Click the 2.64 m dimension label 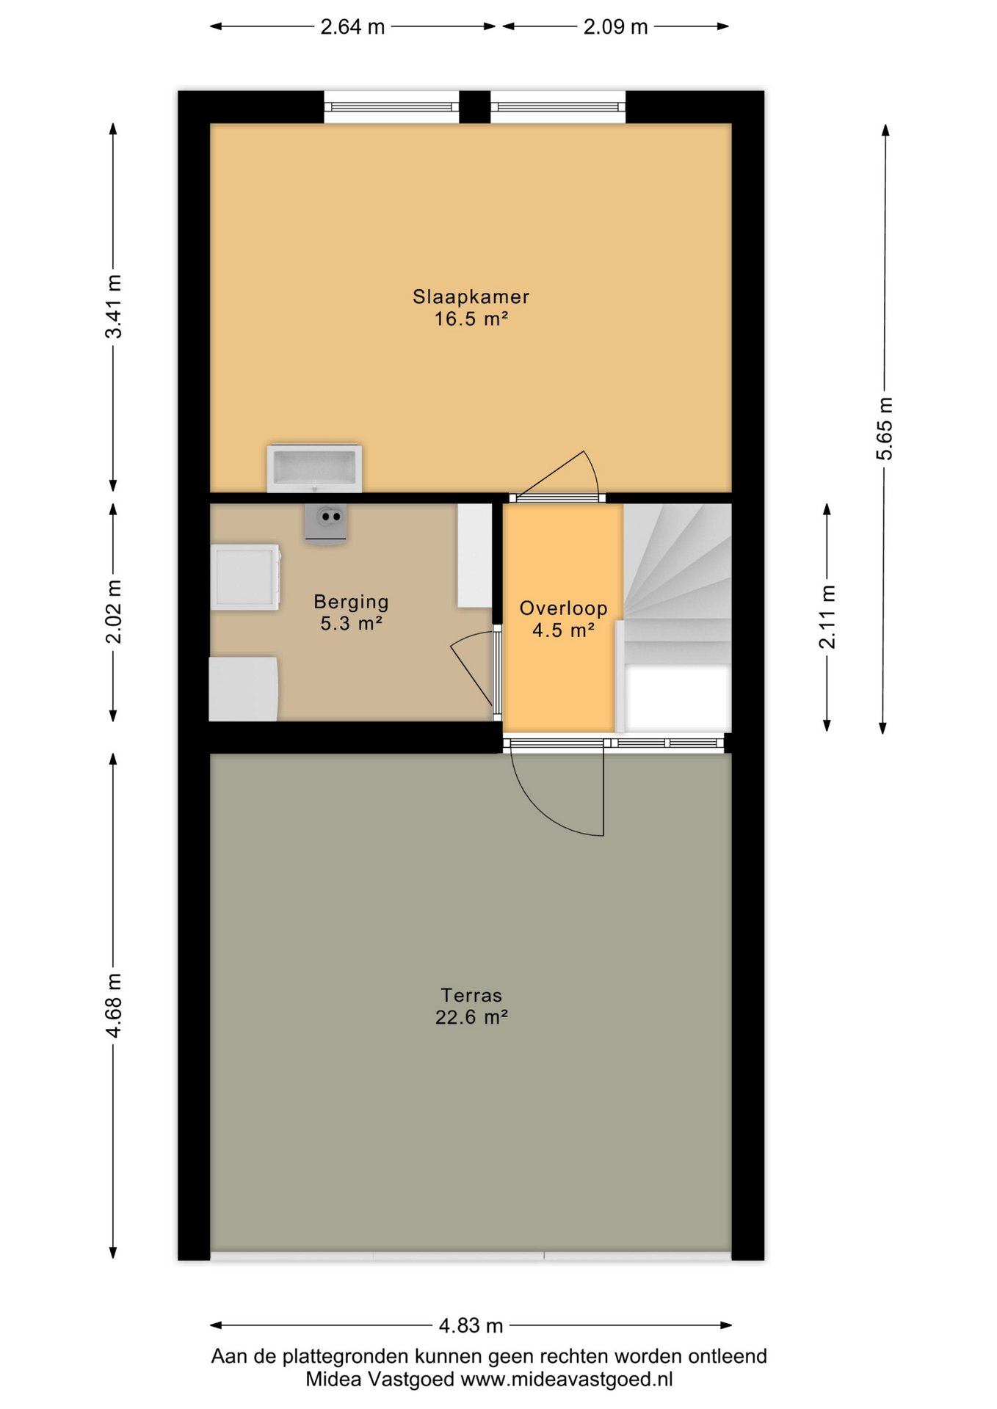click(x=352, y=27)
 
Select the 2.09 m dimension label click(x=615, y=27)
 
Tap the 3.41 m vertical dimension click(x=114, y=307)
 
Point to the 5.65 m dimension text click(x=885, y=429)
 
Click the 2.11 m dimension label click(x=827, y=617)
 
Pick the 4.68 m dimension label click(x=114, y=1006)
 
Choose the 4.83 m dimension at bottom click(x=471, y=1325)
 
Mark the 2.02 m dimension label click(x=114, y=611)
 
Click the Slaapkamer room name click(x=471, y=296)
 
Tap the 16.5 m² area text click(x=471, y=319)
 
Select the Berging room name click(x=351, y=602)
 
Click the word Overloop click(x=563, y=608)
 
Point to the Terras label click(x=471, y=995)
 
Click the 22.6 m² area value click(x=471, y=1017)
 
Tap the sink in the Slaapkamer click(x=314, y=467)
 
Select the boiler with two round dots click(x=326, y=523)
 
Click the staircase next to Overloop click(x=677, y=616)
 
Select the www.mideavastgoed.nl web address click(x=566, y=1380)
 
